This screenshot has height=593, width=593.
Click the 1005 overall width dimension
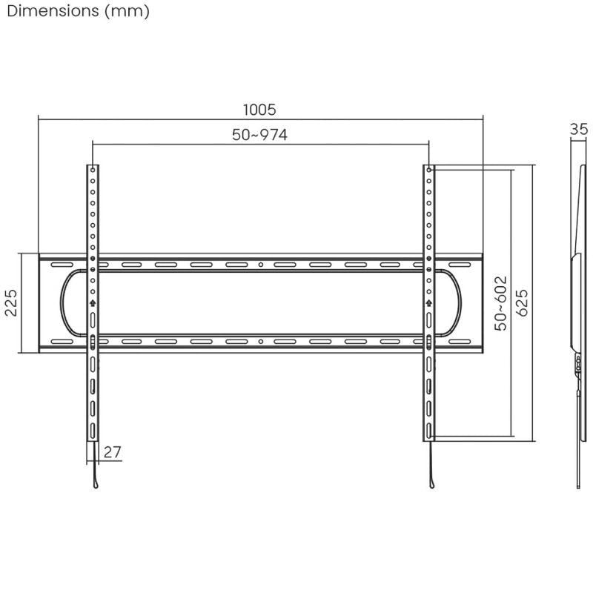pyautogui.click(x=259, y=110)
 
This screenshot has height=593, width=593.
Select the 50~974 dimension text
pyautogui.click(x=259, y=135)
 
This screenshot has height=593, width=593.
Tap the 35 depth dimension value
pyautogui.click(x=579, y=129)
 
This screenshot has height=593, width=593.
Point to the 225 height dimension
pyautogui.click(x=11, y=302)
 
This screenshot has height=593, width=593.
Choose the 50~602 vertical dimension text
pyautogui.click(x=502, y=302)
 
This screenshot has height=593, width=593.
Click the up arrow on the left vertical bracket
pyautogui.click(x=93, y=302)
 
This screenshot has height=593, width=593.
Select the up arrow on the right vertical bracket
pyautogui.click(x=428, y=302)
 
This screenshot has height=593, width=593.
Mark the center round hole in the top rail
pyautogui.click(x=260, y=265)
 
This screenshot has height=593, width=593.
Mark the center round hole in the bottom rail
pyautogui.click(x=260, y=342)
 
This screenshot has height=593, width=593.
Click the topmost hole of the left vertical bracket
pyautogui.click(x=93, y=170)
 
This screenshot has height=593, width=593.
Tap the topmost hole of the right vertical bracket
pyautogui.click(x=428, y=170)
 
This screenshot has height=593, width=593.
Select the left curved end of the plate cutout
pyautogui.click(x=64, y=302)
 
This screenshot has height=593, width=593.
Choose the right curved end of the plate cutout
pyautogui.click(x=459, y=302)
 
